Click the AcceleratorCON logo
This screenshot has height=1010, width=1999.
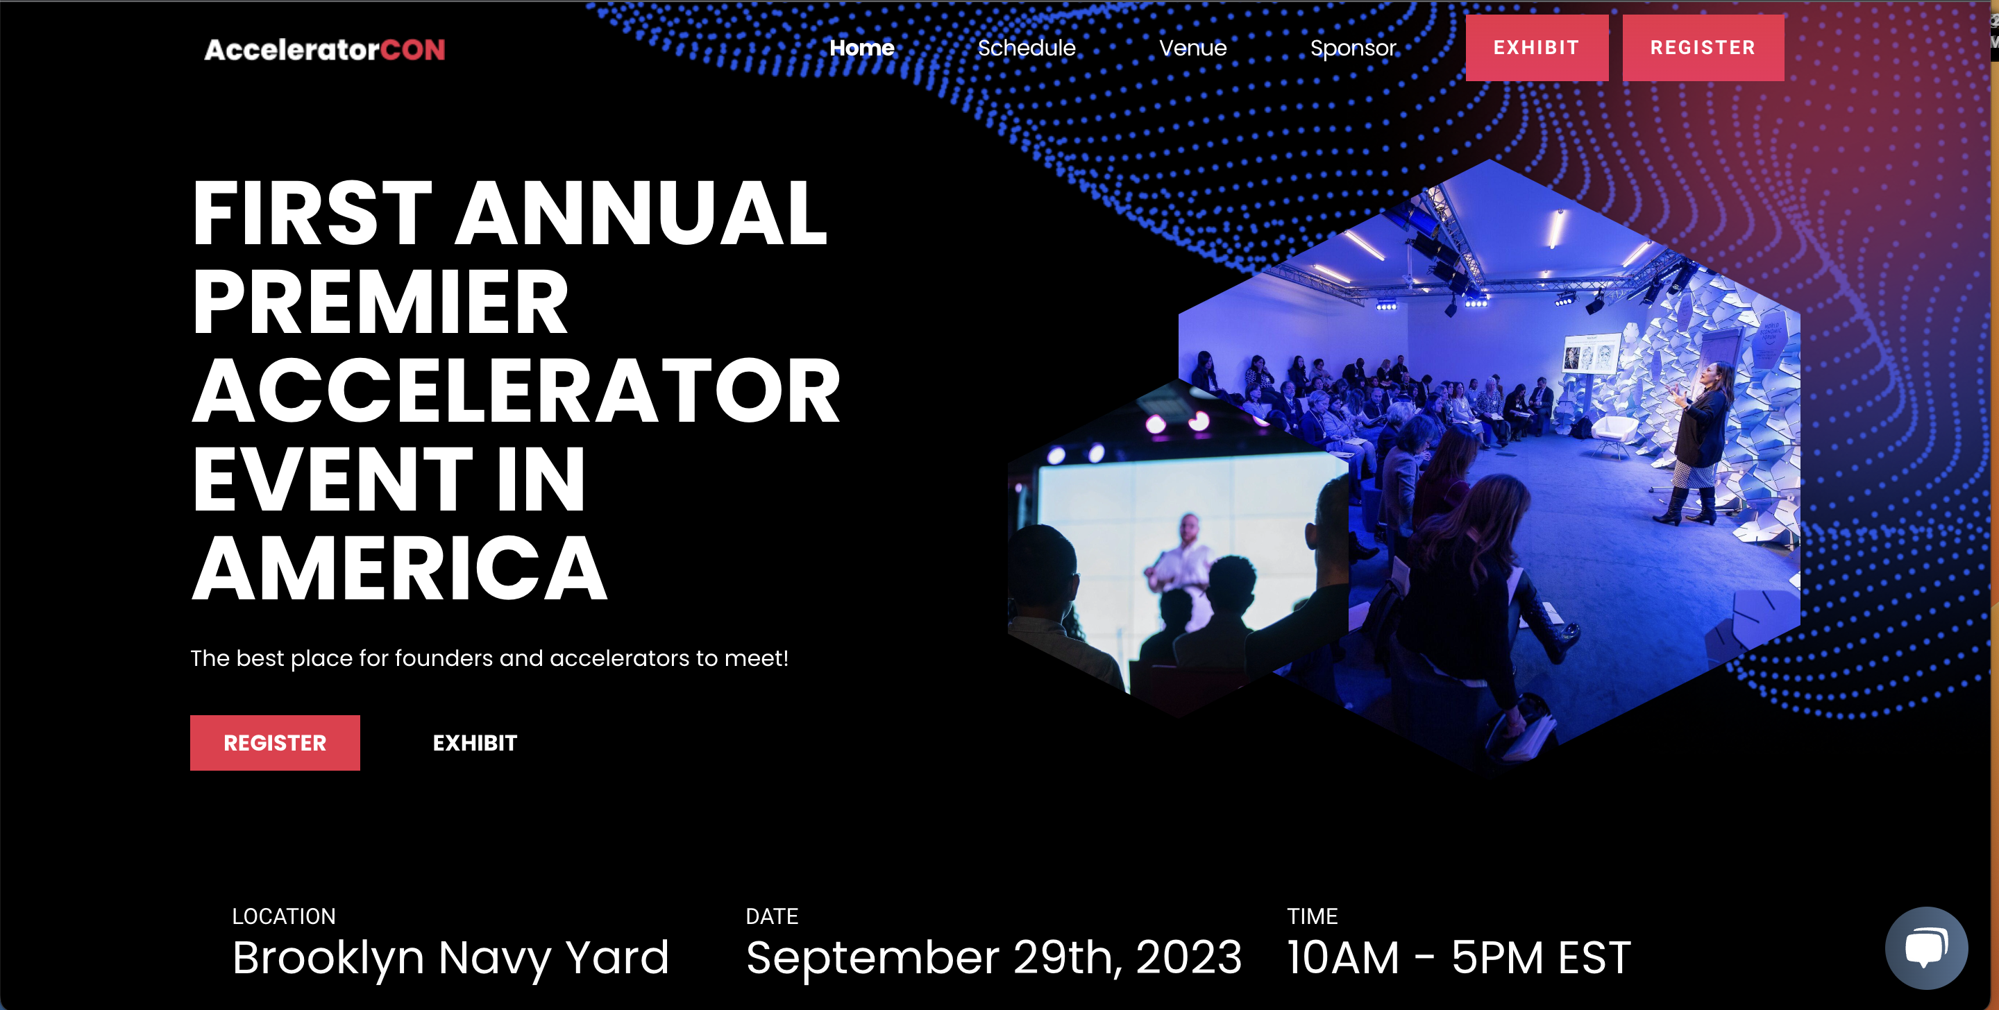click(324, 50)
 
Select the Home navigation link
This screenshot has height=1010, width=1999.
click(861, 48)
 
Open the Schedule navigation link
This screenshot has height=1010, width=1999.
click(1026, 48)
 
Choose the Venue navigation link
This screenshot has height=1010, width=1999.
click(1192, 48)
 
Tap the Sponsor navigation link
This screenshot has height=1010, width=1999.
click(1353, 49)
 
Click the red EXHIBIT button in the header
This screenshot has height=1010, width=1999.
click(1537, 47)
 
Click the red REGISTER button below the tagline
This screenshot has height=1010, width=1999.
click(275, 742)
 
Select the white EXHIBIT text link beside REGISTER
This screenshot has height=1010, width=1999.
click(475, 743)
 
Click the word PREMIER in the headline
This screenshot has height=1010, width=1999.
click(380, 302)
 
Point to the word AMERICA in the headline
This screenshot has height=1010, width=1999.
click(399, 569)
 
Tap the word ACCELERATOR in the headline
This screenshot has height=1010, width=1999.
click(516, 391)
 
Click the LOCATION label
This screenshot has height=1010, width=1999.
click(284, 916)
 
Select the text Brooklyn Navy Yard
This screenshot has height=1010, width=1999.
click(450, 958)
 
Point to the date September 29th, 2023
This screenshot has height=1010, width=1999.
click(993, 958)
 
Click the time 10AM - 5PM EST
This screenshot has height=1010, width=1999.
click(1459, 958)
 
